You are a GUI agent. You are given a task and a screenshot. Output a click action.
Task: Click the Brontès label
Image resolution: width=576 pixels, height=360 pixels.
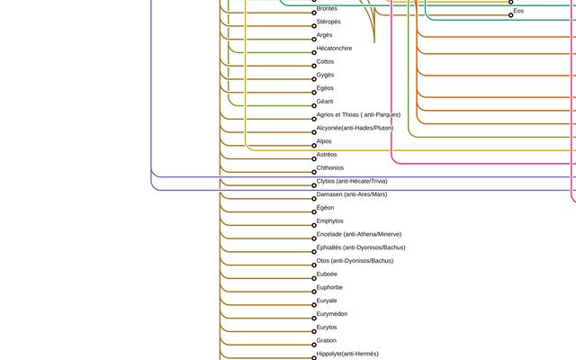point(327,8)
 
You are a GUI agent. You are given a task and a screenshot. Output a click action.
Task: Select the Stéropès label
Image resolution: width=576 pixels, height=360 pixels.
point(328,22)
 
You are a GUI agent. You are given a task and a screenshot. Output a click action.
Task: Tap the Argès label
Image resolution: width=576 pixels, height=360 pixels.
point(324,35)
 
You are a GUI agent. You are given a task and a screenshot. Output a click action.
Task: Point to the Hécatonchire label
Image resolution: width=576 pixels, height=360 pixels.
point(334,49)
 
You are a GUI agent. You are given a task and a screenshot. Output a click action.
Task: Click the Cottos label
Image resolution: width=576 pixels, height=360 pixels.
point(325,61)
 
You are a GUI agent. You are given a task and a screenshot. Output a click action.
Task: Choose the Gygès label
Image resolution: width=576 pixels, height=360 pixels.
point(325,75)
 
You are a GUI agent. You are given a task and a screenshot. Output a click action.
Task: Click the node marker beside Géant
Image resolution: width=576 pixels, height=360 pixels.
point(313,106)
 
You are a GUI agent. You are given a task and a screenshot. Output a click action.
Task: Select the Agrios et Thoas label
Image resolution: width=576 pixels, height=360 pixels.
point(358,114)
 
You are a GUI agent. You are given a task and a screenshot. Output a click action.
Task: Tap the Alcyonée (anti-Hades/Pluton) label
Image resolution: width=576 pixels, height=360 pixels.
point(355,128)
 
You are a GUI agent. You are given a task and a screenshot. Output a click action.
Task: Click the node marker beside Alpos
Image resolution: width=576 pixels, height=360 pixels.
point(313,146)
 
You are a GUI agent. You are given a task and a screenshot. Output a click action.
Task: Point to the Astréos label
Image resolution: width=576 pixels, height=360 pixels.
point(327,155)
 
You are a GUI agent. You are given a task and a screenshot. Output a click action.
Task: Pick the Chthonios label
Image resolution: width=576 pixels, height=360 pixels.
point(329,167)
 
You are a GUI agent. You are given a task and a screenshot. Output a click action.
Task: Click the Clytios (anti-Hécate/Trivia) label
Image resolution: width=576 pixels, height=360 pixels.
point(352,181)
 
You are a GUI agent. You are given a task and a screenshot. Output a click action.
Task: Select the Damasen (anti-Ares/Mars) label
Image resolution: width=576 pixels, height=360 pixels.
point(352,194)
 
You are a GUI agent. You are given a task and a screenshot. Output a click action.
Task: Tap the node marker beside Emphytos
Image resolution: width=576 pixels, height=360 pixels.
point(313,225)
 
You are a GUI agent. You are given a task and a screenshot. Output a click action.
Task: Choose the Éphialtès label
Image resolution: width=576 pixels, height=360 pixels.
point(361,247)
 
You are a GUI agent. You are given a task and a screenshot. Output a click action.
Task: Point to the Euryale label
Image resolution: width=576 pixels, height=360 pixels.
point(327,301)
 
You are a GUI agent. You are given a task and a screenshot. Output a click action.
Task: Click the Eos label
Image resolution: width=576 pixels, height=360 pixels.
point(518,11)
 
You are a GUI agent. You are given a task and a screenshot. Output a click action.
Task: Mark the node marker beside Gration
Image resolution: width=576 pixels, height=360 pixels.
point(313,345)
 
